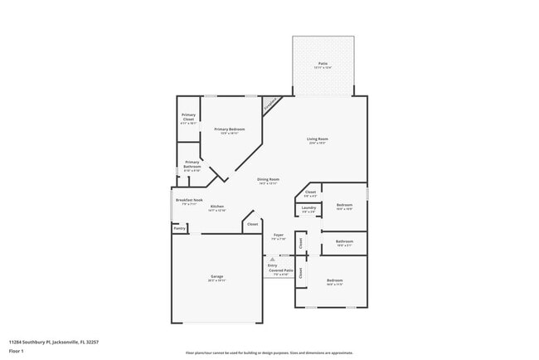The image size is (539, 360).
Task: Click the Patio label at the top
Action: point(323,64)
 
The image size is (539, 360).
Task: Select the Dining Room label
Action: point(268,179)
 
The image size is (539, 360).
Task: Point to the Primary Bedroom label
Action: point(230,129)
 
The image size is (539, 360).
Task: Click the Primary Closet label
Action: point(189,118)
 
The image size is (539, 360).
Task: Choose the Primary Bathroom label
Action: point(192,163)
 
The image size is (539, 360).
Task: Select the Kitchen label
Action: point(217,207)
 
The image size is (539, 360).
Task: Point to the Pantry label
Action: point(179,227)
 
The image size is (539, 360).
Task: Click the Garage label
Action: point(216,276)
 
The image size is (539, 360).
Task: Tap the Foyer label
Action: point(279,236)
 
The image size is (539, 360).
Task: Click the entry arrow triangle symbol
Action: point(271,258)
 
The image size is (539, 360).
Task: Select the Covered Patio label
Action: point(280,270)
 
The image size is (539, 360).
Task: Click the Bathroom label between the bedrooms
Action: point(345,241)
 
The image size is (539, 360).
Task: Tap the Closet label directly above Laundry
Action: point(310,192)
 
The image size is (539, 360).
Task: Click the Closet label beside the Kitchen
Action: point(253,224)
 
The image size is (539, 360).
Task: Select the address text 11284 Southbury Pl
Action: point(47,341)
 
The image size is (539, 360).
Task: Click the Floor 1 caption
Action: point(17,351)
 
